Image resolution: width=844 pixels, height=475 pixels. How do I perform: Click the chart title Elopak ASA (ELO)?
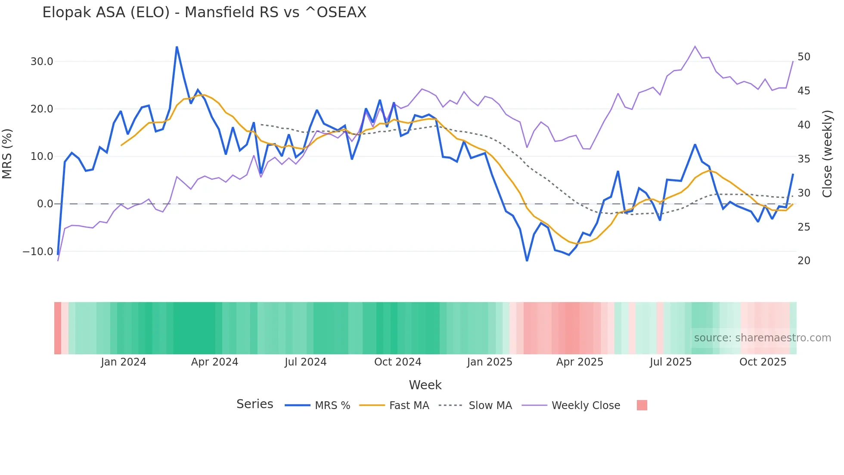[204, 12]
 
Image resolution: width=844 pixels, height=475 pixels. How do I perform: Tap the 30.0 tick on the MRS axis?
[42, 62]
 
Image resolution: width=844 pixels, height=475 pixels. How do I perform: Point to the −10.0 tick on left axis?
[38, 251]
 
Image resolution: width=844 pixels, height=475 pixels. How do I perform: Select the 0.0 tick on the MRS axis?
[45, 204]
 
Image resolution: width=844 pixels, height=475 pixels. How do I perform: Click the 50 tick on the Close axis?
[804, 57]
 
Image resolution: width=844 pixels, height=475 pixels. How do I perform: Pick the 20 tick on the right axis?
[804, 261]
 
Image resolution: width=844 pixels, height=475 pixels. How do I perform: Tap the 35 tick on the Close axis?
[804, 159]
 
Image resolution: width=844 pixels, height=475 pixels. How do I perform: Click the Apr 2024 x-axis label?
[214, 362]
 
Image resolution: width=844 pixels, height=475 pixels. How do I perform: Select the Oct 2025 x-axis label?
[763, 362]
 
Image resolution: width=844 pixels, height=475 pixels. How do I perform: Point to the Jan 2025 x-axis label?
[490, 362]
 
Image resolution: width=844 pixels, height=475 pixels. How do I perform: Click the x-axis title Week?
[425, 385]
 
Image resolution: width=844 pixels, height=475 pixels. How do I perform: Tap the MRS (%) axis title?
[7, 153]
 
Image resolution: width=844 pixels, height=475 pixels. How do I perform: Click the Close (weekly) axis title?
[827, 153]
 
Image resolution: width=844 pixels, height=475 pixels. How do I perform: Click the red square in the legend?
[642, 405]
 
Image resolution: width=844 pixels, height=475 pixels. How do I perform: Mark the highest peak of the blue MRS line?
[177, 47]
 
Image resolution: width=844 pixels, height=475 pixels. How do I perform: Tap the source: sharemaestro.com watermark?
[762, 338]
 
